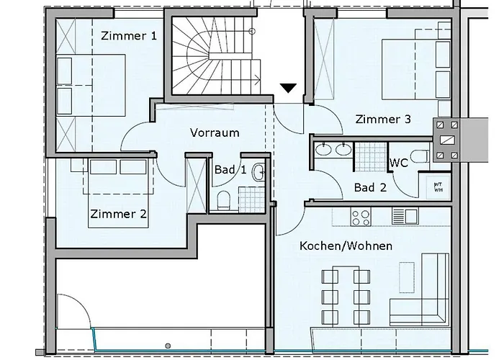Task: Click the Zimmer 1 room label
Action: click(129, 35)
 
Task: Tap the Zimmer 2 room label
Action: click(119, 214)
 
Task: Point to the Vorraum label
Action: click(215, 132)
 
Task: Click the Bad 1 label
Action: click(230, 170)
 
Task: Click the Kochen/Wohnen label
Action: click(346, 246)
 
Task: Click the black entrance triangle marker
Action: click(288, 88)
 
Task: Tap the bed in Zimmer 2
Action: click(118, 189)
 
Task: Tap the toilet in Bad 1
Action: click(222, 199)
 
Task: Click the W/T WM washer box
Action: click(437, 186)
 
